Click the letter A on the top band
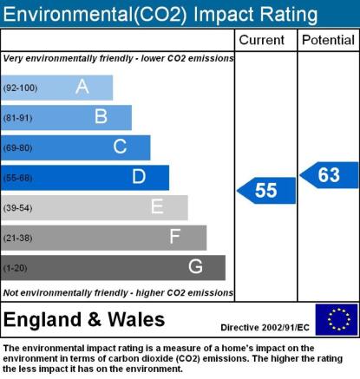coord(82,87)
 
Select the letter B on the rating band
coord(101,116)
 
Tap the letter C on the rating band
coord(120,147)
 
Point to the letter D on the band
coord(139,176)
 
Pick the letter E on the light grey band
coord(157,206)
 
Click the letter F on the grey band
coord(175,237)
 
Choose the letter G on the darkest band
coord(195,266)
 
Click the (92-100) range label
coord(20,88)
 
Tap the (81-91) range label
coord(17,118)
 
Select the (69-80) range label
coord(17,148)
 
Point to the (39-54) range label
coord(17,208)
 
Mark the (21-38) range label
coord(17,238)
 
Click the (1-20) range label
coord(15,268)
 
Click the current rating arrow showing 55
coord(266,191)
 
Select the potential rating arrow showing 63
coord(329,175)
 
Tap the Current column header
coord(262,40)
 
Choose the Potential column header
coord(328,40)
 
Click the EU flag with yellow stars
coord(337,319)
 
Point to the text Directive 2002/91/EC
coord(265,328)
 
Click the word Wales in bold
coord(136,320)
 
